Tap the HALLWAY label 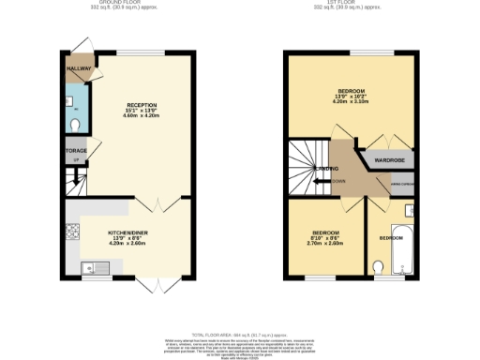click(x=79, y=68)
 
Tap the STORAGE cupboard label click(x=75, y=150)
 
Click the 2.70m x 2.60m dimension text click(x=324, y=243)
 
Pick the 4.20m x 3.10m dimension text click(x=351, y=101)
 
